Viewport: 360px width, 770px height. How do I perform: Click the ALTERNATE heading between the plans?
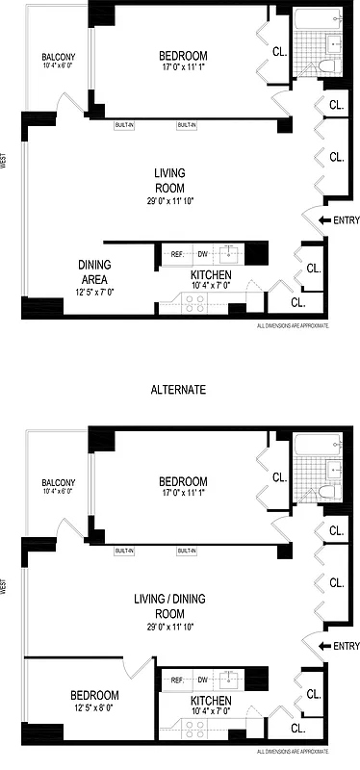click(181, 390)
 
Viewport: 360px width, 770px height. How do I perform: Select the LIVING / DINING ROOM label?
click(169, 605)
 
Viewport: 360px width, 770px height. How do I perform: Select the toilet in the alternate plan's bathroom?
click(326, 494)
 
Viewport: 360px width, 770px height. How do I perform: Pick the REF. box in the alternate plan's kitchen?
click(177, 680)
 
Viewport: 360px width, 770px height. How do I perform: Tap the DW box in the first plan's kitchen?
click(203, 254)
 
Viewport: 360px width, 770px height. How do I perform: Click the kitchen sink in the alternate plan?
click(229, 680)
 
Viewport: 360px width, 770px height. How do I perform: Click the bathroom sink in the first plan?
click(334, 42)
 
